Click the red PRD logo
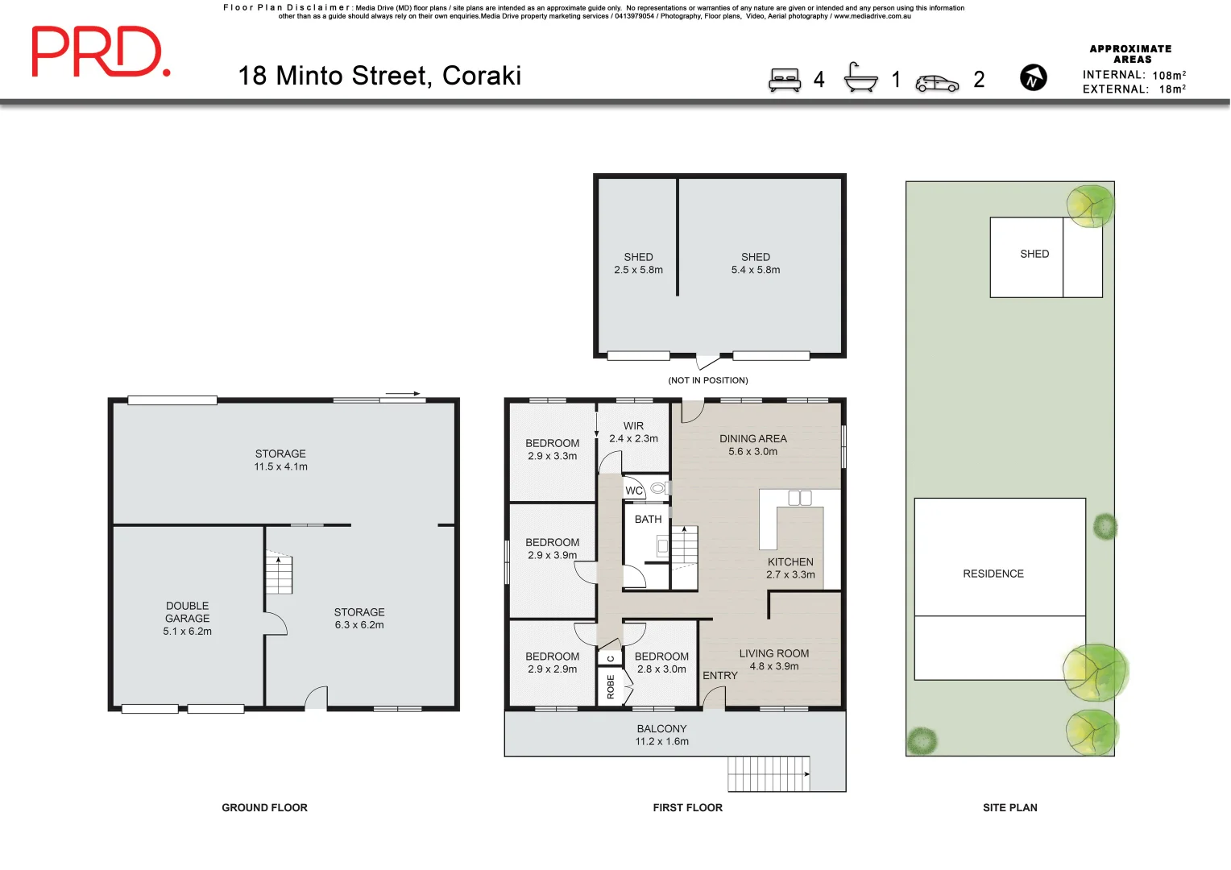(100, 52)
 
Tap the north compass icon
(1033, 78)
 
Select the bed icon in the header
(784, 80)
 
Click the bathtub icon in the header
(860, 78)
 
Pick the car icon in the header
(937, 83)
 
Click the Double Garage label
(187, 618)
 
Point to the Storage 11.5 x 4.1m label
(280, 460)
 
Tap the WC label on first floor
(634, 491)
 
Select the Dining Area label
(752, 445)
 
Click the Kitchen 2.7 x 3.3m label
(790, 568)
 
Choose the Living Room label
(773, 660)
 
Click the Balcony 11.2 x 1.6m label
(661, 735)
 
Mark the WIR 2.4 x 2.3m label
(633, 432)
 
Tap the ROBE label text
(611, 687)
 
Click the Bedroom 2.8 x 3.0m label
(661, 662)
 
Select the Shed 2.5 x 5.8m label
(638, 263)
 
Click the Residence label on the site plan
(993, 574)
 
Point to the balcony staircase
(769, 773)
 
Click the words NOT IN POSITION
(707, 380)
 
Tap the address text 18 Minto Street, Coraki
(379, 76)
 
